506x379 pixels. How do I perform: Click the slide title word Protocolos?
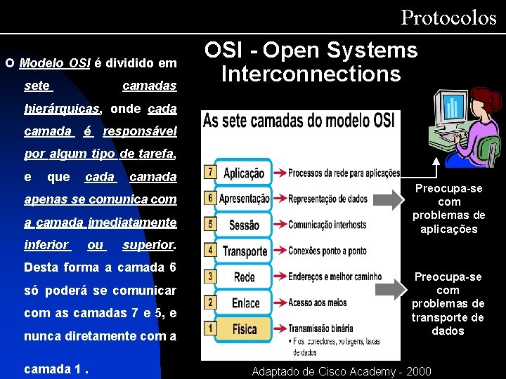click(x=448, y=18)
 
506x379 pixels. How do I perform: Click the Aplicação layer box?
click(x=244, y=173)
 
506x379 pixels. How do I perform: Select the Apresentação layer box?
click(x=244, y=199)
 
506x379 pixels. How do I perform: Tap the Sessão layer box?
click(x=244, y=225)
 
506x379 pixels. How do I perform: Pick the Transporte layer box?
click(x=244, y=251)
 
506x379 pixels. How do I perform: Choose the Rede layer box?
click(x=244, y=277)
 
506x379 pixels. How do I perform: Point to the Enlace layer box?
click(x=244, y=302)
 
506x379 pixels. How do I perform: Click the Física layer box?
click(x=244, y=328)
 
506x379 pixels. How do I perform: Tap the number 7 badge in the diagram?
click(x=209, y=171)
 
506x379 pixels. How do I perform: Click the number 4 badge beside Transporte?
click(x=209, y=248)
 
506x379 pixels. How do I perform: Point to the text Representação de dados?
click(x=327, y=199)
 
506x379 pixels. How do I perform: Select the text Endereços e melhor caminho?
click(x=335, y=277)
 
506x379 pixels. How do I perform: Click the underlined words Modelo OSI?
click(x=55, y=63)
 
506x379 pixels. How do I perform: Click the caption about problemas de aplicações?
click(x=448, y=208)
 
